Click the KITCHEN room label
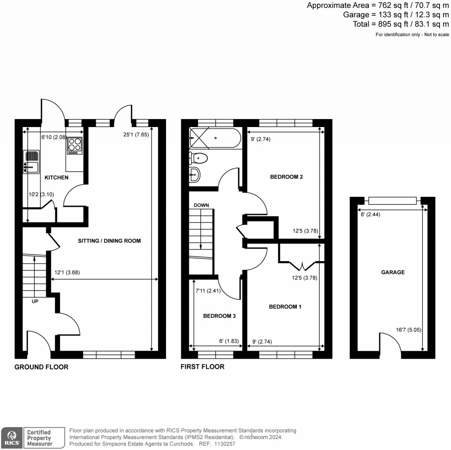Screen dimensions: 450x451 click(x=56, y=177)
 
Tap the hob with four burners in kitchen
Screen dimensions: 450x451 click(x=74, y=146)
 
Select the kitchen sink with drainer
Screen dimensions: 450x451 click(x=31, y=161)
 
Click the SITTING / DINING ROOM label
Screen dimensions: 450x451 click(x=109, y=241)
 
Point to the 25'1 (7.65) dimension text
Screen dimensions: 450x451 click(x=136, y=135)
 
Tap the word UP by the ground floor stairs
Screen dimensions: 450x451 click(x=34, y=302)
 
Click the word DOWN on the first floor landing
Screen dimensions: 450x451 click(x=201, y=205)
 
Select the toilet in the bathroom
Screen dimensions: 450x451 click(x=198, y=157)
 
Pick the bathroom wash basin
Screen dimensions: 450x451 click(x=194, y=175)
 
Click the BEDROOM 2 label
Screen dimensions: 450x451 click(x=286, y=177)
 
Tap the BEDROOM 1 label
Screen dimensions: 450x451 click(x=285, y=307)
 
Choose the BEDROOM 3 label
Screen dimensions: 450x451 click(x=217, y=316)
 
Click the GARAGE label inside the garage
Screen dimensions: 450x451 click(x=392, y=272)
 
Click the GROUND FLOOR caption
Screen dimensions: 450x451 click(x=41, y=367)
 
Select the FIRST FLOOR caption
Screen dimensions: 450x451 click(x=203, y=367)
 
